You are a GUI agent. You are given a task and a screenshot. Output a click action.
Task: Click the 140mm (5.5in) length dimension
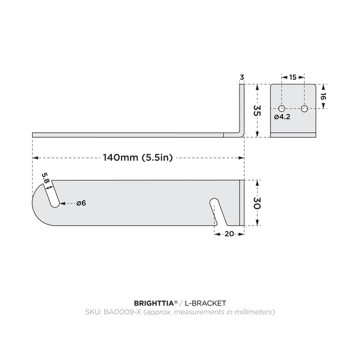pos(137,157)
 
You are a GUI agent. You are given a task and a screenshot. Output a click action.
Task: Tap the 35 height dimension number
pos(257,110)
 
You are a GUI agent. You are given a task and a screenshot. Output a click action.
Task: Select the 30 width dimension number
pos(257,203)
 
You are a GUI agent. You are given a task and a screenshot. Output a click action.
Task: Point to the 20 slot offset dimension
pos(229,234)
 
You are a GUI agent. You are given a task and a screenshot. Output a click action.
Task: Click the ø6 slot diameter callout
pos(81,203)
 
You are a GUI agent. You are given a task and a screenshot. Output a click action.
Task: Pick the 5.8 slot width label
pos(46,178)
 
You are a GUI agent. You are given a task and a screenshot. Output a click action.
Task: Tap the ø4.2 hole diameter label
pos(282,117)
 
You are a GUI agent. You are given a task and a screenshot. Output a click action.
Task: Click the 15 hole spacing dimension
pos(292,78)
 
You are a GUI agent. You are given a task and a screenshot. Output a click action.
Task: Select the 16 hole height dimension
pos(323,97)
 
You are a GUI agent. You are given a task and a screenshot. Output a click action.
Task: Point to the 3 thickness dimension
pos(242,78)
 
